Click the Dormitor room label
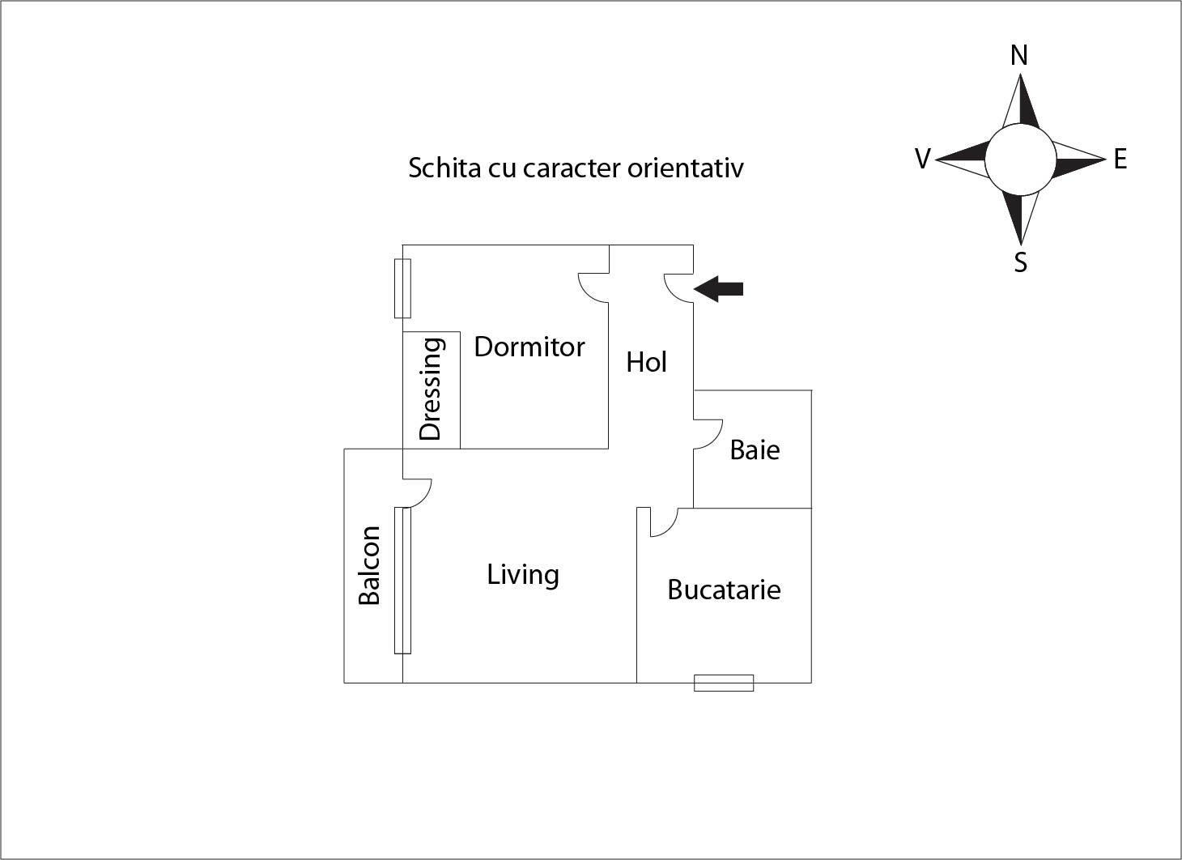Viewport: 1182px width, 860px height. [529, 347]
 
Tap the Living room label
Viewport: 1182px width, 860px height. [523, 574]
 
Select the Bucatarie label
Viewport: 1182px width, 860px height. [724, 590]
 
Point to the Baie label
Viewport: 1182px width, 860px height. [755, 449]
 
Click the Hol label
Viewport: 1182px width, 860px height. [646, 362]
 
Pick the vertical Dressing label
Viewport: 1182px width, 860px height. [431, 389]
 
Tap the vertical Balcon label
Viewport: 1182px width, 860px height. [369, 565]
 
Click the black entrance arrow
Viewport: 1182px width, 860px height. [719, 288]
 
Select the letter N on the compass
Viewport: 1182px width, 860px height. [1019, 55]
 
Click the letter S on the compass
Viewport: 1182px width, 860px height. [1021, 262]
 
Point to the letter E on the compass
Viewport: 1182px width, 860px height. [1120, 159]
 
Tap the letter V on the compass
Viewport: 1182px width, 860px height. [922, 159]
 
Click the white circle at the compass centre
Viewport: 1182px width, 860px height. [1020, 160]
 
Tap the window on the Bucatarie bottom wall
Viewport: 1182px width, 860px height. [724, 683]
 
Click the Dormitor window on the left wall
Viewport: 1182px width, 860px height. [402, 288]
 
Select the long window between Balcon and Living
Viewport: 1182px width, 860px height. [402, 580]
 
